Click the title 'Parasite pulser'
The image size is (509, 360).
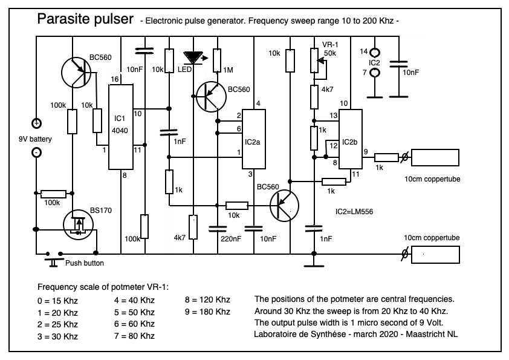(85, 19)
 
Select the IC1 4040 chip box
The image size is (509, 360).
(121, 127)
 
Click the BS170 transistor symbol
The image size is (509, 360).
(78, 224)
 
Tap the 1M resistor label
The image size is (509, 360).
(228, 70)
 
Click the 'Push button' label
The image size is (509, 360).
(84, 263)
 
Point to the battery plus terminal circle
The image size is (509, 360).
(36, 123)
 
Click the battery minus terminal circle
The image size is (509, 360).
(36, 152)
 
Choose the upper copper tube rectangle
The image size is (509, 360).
(435, 157)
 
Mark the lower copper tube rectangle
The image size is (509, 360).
(435, 255)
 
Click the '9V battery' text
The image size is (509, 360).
(35, 139)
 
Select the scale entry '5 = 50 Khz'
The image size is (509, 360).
(134, 312)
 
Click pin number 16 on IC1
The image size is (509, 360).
(114, 80)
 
